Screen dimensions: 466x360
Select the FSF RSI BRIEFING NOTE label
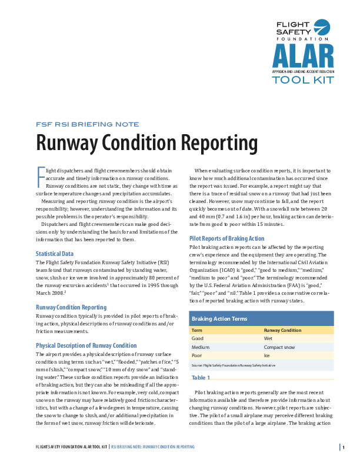[88, 124]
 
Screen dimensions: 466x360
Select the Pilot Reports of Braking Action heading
[226, 238]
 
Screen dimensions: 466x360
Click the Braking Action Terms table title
[219, 318]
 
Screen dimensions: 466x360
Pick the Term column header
[198, 331]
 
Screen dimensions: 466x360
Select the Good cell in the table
[198, 339]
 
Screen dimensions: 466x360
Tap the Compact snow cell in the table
[279, 347]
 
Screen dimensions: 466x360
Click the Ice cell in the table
[266, 355]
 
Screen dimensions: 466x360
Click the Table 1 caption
[201, 377]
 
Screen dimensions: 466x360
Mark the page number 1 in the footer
[343, 448]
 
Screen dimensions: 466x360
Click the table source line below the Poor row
[234, 365]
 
